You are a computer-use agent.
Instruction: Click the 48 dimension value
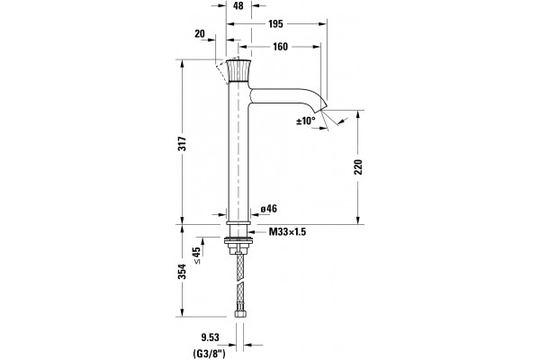click(x=238, y=6)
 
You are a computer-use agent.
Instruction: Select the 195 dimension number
click(x=275, y=23)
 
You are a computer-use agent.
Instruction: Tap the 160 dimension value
click(x=280, y=47)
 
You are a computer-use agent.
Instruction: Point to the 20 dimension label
click(x=200, y=34)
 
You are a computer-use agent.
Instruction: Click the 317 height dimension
click(x=182, y=143)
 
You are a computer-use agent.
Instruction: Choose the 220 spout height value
click(x=358, y=166)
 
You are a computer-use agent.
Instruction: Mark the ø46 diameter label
click(x=268, y=209)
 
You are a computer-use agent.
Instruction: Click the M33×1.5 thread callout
click(x=287, y=231)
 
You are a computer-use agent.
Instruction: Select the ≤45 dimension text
click(x=196, y=256)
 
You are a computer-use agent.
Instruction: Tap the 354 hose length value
click(x=182, y=272)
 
